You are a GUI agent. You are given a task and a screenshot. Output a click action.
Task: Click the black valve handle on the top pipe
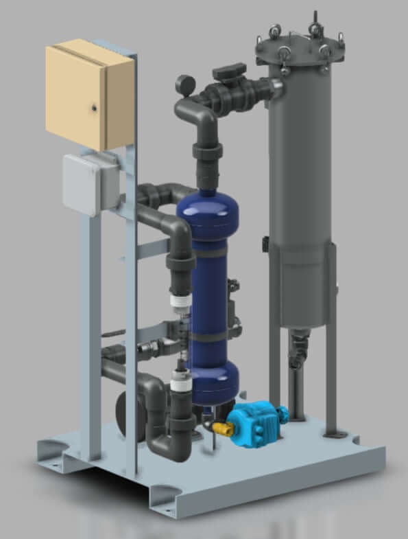click(x=229, y=71)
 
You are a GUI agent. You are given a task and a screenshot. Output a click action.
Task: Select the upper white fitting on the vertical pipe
click(x=179, y=299)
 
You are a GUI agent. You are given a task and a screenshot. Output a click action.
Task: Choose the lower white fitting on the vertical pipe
click(x=181, y=382)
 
